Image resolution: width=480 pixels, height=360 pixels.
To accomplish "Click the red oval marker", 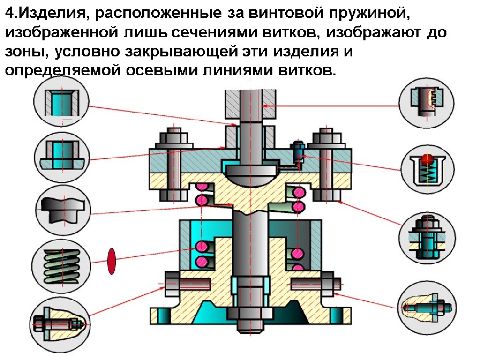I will (112, 261).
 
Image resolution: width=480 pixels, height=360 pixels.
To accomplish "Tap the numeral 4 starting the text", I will (9, 14).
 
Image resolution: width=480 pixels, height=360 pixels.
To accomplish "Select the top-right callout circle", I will (426, 102).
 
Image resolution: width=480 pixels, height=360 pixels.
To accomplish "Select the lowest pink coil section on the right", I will (297, 267).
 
